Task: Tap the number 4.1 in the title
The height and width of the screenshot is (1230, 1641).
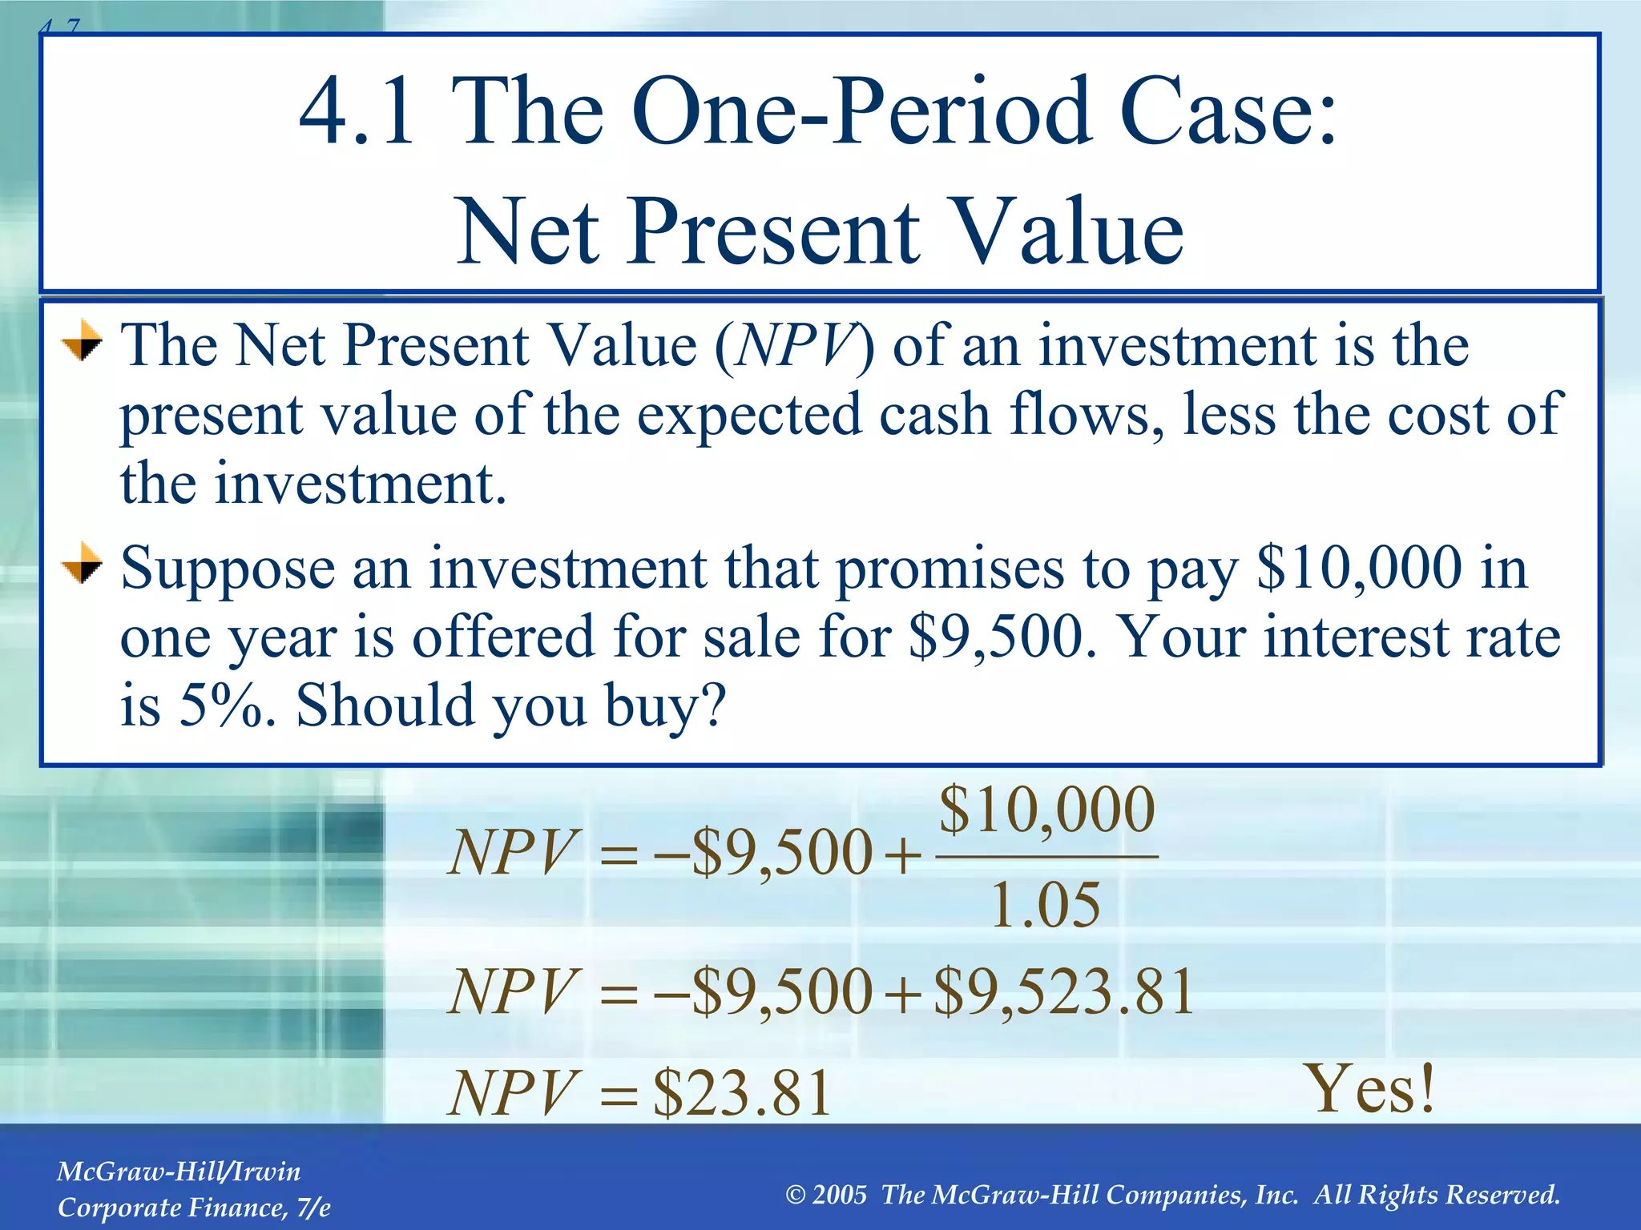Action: [x=357, y=112]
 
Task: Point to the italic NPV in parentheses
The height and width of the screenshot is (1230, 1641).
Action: [x=793, y=346]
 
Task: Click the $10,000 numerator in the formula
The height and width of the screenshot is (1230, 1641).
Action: [x=1046, y=810]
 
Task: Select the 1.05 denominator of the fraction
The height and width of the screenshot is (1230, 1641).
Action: [x=1046, y=906]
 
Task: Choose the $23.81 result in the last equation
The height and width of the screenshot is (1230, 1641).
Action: [x=742, y=1094]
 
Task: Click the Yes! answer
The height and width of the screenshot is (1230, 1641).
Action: [x=1371, y=1089]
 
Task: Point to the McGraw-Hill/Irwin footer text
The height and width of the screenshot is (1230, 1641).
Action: [x=179, y=1172]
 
